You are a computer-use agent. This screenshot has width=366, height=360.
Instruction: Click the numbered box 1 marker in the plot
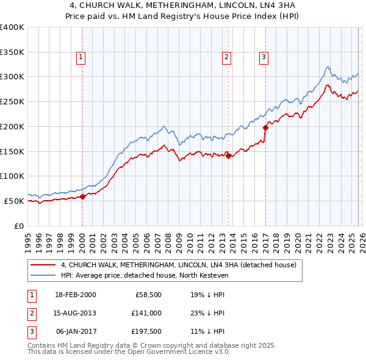pyautogui.click(x=81, y=57)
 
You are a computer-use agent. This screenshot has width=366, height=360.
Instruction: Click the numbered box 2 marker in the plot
pyautogui.click(x=226, y=57)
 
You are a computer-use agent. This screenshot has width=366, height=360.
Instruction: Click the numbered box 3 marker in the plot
pyautogui.click(x=264, y=57)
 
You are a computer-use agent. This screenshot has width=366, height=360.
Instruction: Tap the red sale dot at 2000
pyautogui.click(x=83, y=196)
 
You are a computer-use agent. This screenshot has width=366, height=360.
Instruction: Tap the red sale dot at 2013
pyautogui.click(x=228, y=156)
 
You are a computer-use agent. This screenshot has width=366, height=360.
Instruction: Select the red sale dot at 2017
pyautogui.click(x=265, y=128)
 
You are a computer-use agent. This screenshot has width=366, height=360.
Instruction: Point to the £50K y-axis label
pyautogui.click(x=13, y=201)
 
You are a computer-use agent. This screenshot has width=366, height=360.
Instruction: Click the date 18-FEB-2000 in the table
pyautogui.click(x=75, y=295)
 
